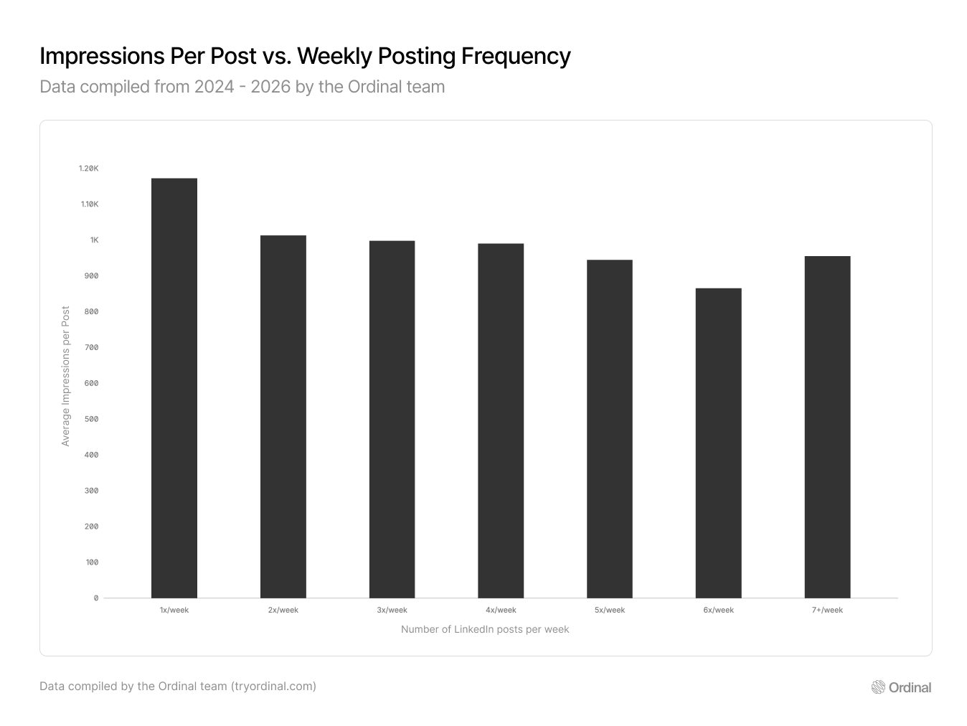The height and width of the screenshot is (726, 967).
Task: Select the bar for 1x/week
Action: [174, 388]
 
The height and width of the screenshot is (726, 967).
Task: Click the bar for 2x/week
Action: [283, 417]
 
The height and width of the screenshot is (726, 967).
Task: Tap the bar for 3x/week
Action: [392, 420]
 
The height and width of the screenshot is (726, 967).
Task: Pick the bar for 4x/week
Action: [501, 421]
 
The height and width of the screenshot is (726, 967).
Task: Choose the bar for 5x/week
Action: [610, 429]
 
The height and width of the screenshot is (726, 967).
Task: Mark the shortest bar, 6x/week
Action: [718, 443]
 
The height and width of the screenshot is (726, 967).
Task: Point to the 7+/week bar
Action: [827, 427]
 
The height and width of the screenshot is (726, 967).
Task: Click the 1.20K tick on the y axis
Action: [89, 169]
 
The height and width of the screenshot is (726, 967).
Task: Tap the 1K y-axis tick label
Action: [94, 240]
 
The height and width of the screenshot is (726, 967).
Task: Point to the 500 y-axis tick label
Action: [92, 419]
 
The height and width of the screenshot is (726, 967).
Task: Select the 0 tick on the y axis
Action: [96, 598]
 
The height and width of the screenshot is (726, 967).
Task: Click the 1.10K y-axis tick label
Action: [89, 204]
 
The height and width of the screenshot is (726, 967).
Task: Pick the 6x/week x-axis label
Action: [718, 610]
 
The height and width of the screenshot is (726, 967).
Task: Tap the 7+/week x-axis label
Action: [827, 610]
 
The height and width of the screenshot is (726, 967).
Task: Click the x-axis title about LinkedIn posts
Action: [485, 630]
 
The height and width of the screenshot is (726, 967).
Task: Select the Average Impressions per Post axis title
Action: [66, 377]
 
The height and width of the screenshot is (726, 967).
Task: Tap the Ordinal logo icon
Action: [878, 687]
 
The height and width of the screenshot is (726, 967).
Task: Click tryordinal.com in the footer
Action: [273, 687]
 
